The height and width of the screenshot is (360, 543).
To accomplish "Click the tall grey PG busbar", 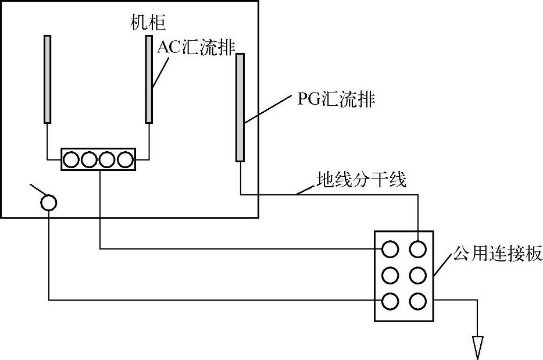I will tap(240, 107).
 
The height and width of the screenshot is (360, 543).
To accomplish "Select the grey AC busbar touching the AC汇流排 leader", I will tap(149, 79).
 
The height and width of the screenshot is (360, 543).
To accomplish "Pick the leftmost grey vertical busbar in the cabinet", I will tap(47, 79).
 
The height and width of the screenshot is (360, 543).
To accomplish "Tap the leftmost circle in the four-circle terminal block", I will tap(72, 159).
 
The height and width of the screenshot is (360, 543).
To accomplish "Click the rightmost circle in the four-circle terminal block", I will tap(126, 159).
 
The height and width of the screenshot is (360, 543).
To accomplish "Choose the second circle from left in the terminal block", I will tap(90, 159).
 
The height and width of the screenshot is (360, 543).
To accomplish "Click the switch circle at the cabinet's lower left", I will tap(49, 202).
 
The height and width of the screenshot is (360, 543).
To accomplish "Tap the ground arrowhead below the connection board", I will tap(478, 348).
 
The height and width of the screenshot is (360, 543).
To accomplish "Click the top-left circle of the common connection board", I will tap(390, 249).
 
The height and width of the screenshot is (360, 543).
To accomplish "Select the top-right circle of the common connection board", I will tap(418, 249).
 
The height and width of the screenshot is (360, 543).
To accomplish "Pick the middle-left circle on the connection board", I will tap(390, 275).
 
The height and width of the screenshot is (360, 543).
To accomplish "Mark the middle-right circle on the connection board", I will tap(418, 275).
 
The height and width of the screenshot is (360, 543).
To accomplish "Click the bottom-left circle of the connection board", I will tap(390, 301).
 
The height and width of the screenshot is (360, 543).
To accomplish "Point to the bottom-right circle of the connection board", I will tap(418, 301).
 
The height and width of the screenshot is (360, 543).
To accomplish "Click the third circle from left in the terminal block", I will tap(108, 159).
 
